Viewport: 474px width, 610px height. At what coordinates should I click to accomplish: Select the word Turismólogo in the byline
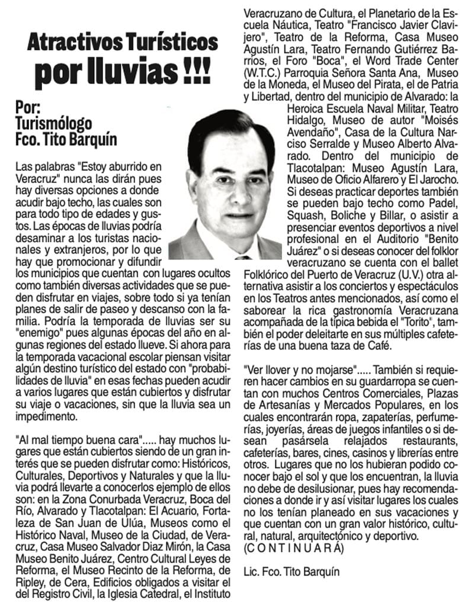coord(54,124)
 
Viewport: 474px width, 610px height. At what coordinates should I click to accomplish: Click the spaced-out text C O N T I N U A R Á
coord(293,548)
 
